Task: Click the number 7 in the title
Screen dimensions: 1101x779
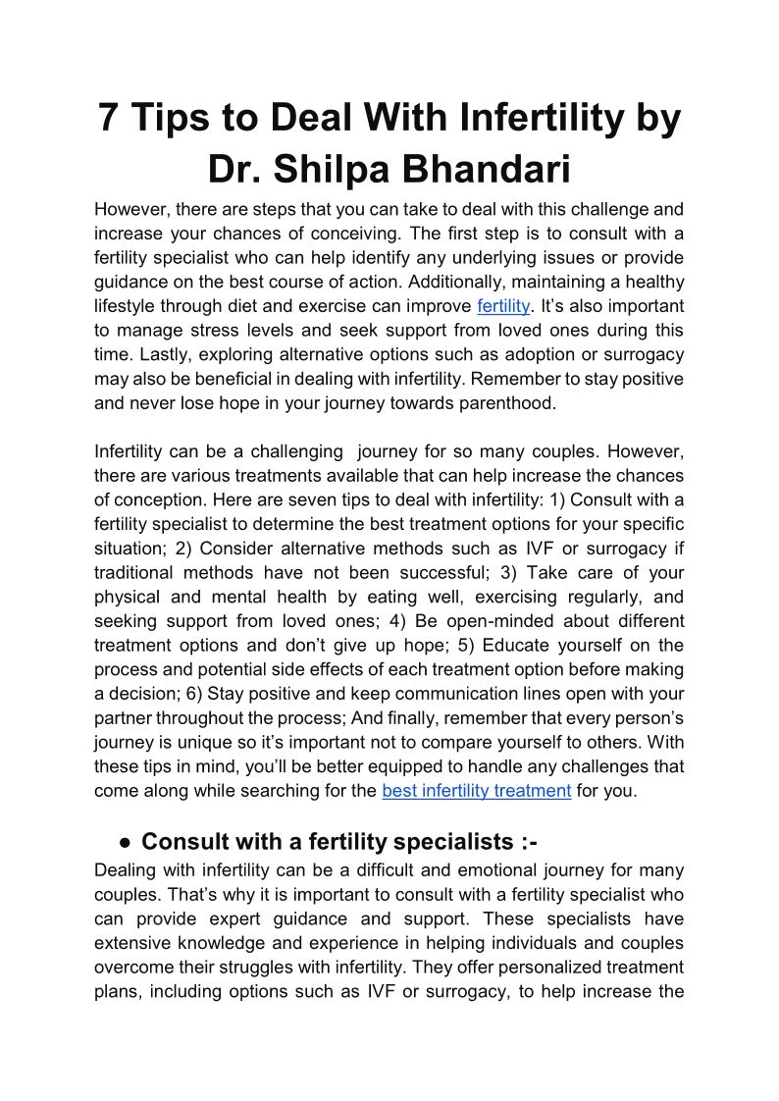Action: pos(109,119)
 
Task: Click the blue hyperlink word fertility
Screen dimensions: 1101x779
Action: pos(502,306)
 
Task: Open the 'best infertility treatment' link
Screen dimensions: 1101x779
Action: pos(476,790)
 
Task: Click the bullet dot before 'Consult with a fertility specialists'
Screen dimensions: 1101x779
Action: pos(125,842)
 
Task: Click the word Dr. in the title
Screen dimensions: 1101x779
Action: pos(235,169)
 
